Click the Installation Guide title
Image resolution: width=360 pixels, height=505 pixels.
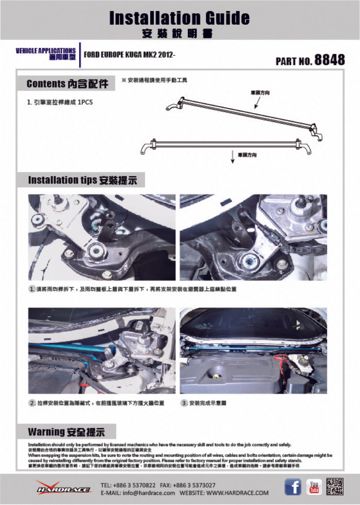[x=179, y=19]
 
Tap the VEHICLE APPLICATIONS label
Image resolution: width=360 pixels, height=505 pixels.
[x=45, y=51]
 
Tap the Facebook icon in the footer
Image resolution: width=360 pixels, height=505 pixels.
[x=292, y=486]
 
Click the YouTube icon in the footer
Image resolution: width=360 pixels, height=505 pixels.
[x=314, y=486]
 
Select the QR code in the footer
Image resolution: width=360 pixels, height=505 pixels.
[x=335, y=486]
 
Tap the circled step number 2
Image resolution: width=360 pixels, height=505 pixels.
[x=32, y=403]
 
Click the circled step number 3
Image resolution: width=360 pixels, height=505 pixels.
[x=184, y=403]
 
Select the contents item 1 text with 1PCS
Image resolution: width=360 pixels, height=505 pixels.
[x=60, y=102]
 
